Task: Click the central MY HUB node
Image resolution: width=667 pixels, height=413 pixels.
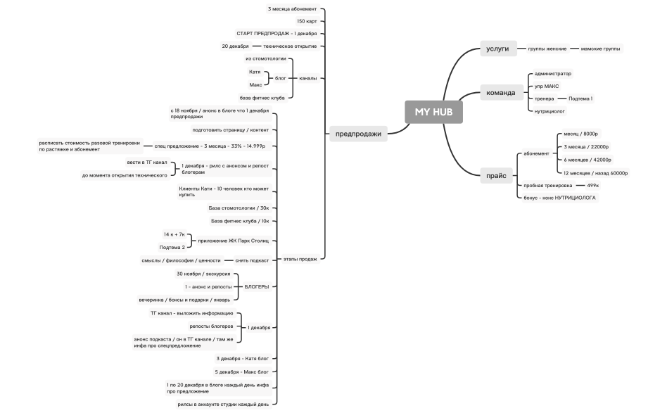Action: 433,112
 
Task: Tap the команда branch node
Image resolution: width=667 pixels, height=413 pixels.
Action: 501,92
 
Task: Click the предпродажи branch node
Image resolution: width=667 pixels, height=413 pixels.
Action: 358,134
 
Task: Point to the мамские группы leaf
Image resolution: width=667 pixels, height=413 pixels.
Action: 601,49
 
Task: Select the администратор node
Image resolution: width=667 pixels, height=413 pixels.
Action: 553,73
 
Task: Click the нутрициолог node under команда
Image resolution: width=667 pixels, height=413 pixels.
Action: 550,110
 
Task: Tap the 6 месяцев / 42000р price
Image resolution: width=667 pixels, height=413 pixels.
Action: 586,160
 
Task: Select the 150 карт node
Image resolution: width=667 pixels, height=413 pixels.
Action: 307,21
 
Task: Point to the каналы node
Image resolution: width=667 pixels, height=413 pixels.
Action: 307,78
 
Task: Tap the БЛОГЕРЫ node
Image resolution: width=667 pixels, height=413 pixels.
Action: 256,286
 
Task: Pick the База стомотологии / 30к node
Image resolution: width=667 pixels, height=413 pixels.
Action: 239,208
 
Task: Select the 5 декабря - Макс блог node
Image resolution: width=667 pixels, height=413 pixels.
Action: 241,371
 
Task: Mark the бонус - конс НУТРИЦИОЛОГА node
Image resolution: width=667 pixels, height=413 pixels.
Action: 560,198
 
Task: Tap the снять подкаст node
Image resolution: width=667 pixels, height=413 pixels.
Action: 251,260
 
